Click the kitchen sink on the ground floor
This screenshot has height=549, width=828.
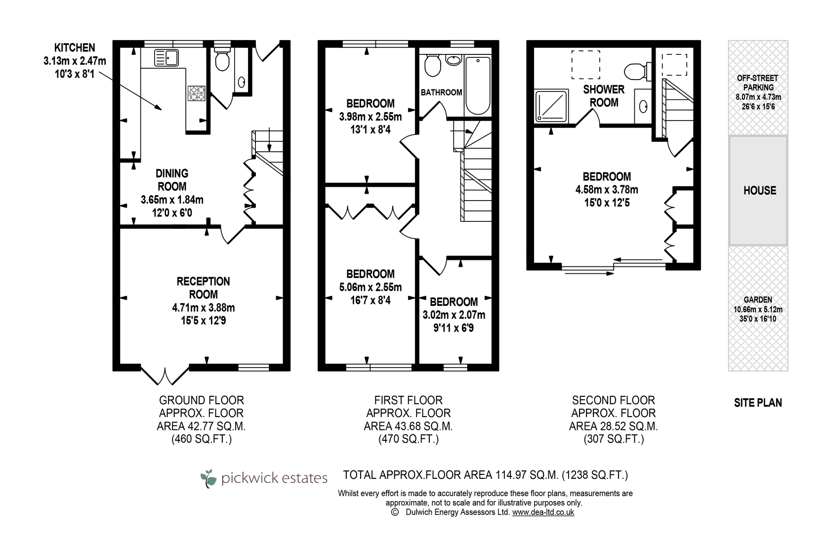(166, 58)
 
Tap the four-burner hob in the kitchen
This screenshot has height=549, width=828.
(196, 93)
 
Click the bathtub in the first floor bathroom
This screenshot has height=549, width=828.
(478, 85)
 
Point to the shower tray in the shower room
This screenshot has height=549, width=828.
(551, 106)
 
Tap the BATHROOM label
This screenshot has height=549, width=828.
(441, 92)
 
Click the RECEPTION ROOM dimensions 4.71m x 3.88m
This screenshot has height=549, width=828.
(204, 307)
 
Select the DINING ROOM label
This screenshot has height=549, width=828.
(172, 180)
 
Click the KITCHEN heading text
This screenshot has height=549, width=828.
(75, 48)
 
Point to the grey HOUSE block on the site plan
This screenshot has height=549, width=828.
(758, 190)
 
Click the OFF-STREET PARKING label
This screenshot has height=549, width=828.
(758, 83)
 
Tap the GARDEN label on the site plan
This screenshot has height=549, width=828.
(758, 300)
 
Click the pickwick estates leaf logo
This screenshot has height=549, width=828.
(208, 479)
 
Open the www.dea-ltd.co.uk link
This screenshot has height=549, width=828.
(543, 512)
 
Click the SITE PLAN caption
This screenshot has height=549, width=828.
(758, 403)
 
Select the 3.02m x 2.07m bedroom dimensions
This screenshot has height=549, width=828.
(454, 315)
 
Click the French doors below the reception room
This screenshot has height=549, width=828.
(165, 375)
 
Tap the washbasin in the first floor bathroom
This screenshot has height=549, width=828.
(454, 59)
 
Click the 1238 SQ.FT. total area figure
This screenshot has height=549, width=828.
(595, 475)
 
